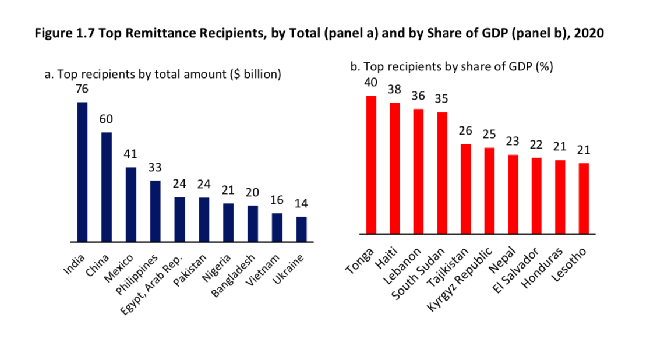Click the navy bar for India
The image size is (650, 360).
82,172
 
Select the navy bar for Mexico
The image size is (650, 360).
131,204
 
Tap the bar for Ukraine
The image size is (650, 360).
301,229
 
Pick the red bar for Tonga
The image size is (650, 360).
371,165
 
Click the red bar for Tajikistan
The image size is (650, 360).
466,189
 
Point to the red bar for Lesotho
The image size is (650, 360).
584,199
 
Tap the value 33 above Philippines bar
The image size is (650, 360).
156,167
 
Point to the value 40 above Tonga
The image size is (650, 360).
371,83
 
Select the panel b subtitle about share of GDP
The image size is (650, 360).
451,67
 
